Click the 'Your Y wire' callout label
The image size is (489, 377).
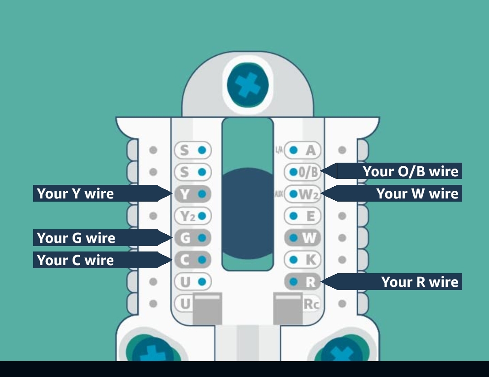click(95, 193)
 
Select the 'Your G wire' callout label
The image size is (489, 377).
click(95, 238)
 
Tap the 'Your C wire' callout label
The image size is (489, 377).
click(95, 260)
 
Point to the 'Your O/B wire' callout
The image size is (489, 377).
click(399, 171)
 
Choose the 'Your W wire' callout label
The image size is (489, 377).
click(399, 193)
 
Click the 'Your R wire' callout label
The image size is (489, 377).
click(399, 282)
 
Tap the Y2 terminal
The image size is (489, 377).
click(193, 216)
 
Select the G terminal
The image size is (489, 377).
click(193, 238)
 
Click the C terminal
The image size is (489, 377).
click(193, 260)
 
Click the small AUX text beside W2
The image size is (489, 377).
click(279, 194)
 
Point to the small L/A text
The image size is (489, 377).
click(279, 150)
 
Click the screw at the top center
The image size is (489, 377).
click(247, 85)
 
